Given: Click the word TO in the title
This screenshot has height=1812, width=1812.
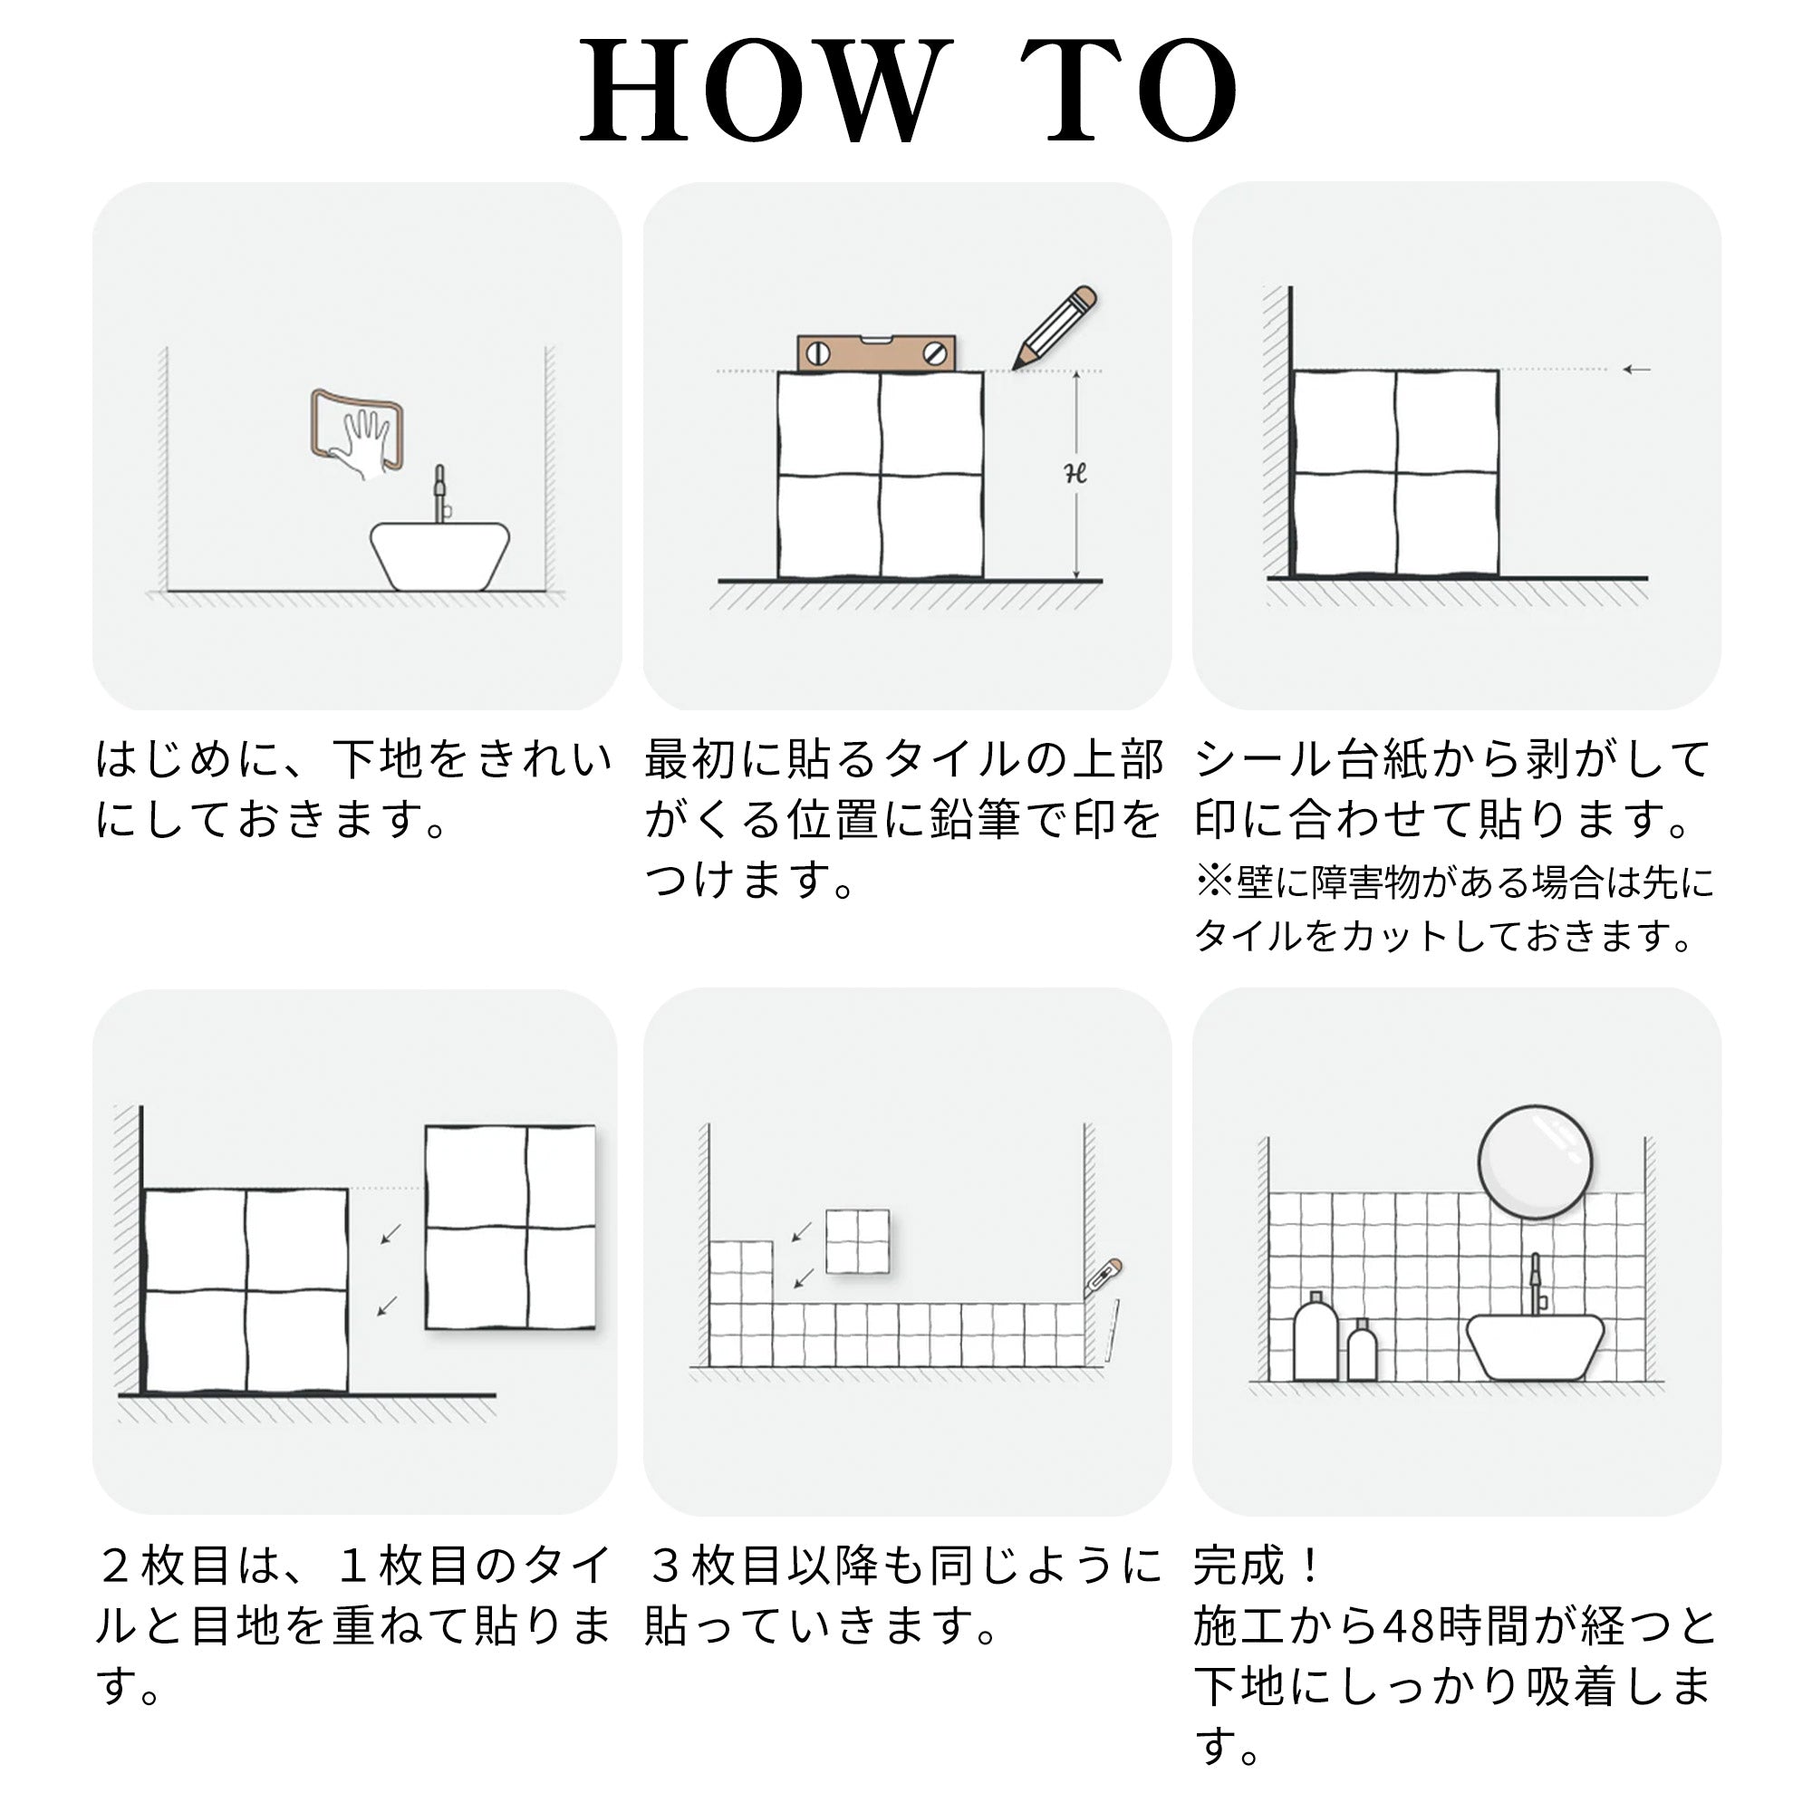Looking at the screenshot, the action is coord(1129,91).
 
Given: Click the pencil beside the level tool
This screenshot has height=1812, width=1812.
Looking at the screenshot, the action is coord(1055,327).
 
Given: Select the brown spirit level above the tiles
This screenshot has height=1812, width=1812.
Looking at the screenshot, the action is coord(876,352).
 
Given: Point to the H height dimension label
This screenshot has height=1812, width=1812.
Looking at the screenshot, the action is coord(1075,475).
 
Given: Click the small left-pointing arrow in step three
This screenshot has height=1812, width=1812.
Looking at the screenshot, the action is coord(1636,370).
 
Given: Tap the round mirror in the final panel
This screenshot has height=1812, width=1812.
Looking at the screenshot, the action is coord(1536,1162).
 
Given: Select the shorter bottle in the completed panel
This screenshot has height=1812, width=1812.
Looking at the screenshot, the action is coord(1362,1351).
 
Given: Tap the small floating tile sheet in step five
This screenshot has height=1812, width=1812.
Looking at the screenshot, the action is coord(857,1242).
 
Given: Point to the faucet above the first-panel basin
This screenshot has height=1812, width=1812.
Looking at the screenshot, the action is coord(440,495).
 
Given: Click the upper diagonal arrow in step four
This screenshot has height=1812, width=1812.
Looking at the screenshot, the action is coord(391,1234).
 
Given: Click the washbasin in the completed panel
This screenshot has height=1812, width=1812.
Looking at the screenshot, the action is coord(1536,1347).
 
